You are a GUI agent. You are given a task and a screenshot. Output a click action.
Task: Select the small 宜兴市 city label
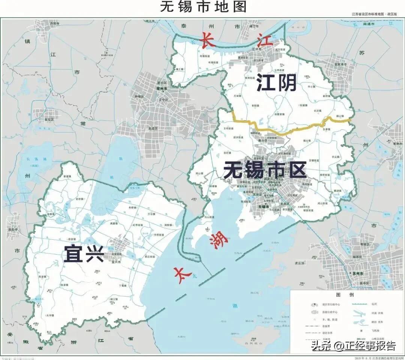click(x=116, y=262)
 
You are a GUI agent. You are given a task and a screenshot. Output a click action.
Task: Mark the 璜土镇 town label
click(x=180, y=69)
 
